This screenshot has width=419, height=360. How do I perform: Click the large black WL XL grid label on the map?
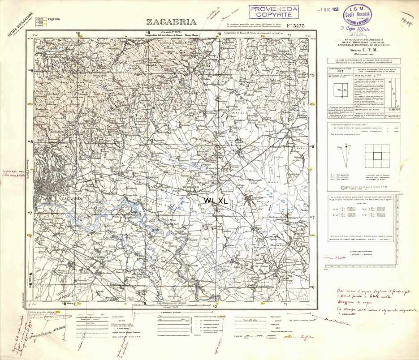(216, 201)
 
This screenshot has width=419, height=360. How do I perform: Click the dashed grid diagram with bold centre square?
(377, 156)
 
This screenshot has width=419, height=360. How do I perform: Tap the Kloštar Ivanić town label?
(277, 246)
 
